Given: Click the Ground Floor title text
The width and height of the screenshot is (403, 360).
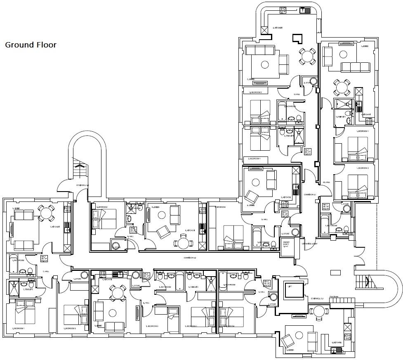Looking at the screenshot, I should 31,45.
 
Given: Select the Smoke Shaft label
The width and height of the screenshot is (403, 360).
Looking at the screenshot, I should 286,244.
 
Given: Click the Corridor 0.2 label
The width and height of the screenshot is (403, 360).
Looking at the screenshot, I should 189,258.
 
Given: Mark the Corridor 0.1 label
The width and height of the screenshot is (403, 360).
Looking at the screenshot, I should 310,194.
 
